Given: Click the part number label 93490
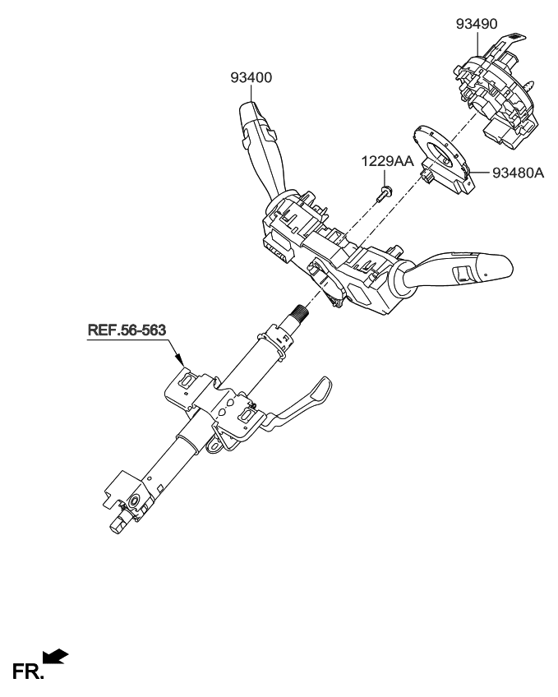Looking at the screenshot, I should coord(477,25).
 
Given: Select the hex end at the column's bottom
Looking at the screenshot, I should coord(118,523).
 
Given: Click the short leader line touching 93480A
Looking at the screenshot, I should coord(482,173).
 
